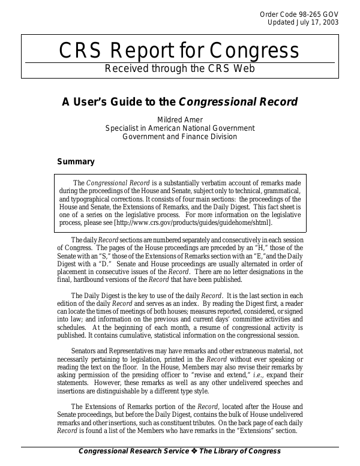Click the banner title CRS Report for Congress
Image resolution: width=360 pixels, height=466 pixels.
click(179, 51)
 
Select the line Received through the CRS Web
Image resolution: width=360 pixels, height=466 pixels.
click(179, 68)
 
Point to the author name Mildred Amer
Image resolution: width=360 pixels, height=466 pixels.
click(180, 119)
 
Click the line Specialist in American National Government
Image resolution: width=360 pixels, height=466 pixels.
click(180, 128)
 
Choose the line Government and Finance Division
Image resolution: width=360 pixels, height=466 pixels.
click(180, 136)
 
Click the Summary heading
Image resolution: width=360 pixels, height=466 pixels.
click(76, 161)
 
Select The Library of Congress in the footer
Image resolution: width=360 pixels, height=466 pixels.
click(247, 452)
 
